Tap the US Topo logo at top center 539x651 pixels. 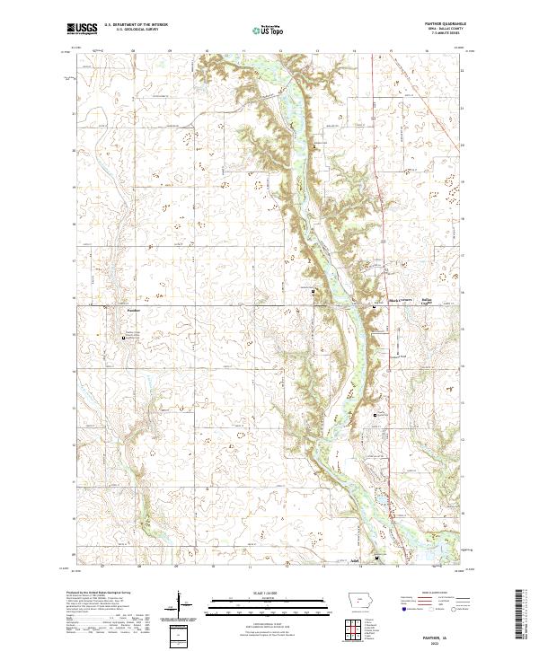click(x=265, y=30)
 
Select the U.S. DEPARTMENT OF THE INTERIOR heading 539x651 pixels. click(x=136, y=25)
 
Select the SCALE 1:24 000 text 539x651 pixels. click(x=261, y=593)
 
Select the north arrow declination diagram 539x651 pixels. click(x=180, y=604)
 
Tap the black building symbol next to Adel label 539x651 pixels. click(x=377, y=558)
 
